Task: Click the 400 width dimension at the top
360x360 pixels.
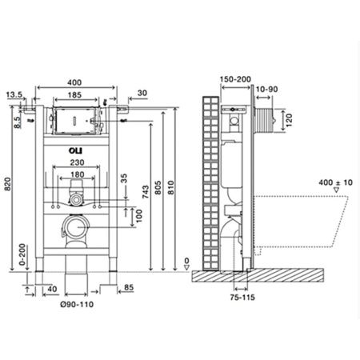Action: (x=74, y=82)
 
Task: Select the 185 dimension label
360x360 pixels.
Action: (x=74, y=95)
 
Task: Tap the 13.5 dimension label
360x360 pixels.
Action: (x=14, y=94)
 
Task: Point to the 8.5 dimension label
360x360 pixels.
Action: (x=18, y=122)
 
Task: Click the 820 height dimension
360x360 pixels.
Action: (x=8, y=184)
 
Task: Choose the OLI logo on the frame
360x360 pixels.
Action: (x=76, y=151)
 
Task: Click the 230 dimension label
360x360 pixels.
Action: (x=77, y=162)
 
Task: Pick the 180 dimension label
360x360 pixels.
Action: (x=78, y=174)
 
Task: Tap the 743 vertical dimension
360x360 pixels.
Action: (x=146, y=192)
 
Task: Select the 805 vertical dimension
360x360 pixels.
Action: (x=158, y=187)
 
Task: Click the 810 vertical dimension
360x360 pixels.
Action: (x=170, y=187)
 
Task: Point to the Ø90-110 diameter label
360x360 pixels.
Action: (x=77, y=304)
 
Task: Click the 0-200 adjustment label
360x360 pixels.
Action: (x=22, y=254)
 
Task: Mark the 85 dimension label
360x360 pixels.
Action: (x=129, y=287)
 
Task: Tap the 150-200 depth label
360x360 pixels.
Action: (x=235, y=79)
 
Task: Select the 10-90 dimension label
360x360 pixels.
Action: (x=266, y=90)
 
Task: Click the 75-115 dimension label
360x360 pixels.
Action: (x=242, y=298)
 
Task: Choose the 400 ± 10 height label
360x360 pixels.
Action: (x=335, y=182)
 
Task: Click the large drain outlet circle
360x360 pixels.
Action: (x=76, y=227)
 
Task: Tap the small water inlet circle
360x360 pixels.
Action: (x=77, y=200)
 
